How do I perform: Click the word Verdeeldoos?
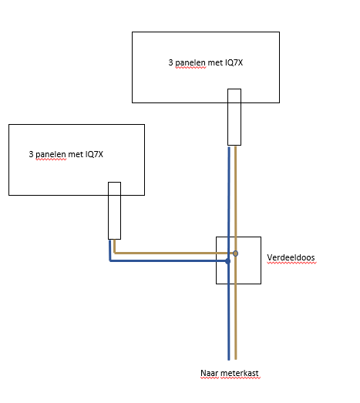pos(292,258)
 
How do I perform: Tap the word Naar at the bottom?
pos(209,374)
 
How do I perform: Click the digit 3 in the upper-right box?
pos(170,62)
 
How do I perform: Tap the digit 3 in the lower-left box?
pos(31,154)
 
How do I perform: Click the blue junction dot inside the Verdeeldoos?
pos(228,261)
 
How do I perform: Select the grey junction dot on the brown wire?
pos(235,253)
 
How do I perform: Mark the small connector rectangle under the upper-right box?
pos(234,116)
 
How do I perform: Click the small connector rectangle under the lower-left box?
pos(114,210)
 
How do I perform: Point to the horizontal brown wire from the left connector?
pos(170,253)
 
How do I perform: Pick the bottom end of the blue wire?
pos(229,358)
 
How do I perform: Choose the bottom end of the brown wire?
pos(236,358)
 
